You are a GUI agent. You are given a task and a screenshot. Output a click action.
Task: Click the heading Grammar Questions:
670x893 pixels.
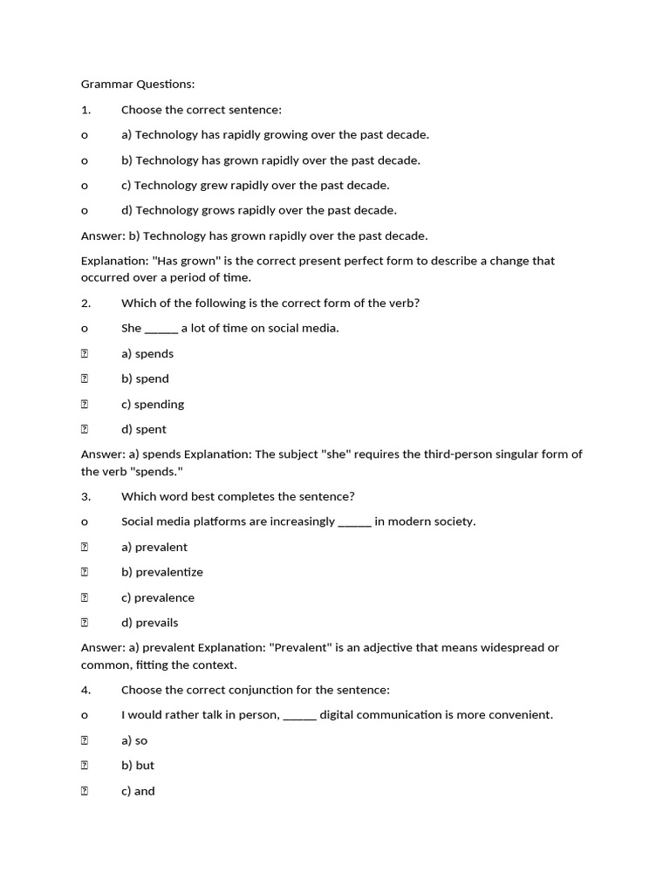point(138,85)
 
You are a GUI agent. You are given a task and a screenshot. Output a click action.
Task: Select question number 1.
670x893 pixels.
point(85,110)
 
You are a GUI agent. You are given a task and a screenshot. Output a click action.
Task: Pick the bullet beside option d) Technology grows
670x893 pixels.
point(85,210)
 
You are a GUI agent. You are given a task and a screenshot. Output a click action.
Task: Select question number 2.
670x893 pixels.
point(85,303)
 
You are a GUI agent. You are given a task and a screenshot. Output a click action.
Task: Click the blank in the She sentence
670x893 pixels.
point(161,329)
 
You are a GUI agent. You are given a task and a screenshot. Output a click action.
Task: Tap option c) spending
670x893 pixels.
point(153,405)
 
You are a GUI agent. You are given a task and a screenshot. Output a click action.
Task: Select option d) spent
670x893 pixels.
point(144,429)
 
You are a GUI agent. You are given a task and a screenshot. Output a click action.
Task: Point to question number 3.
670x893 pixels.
point(85,496)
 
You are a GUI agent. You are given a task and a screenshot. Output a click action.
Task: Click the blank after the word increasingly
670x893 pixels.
point(354,522)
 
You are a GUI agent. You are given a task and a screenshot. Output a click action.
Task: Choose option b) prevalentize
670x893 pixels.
point(162,572)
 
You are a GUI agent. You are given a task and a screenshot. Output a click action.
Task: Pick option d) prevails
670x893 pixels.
point(150,623)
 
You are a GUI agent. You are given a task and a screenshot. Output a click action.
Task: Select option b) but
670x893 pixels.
point(138,766)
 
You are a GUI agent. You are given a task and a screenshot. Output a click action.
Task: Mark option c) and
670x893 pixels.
point(138,791)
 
